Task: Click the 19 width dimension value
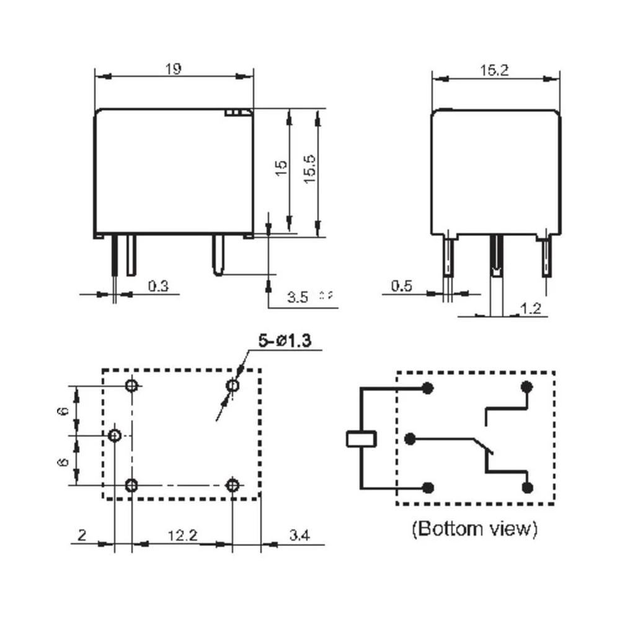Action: point(174,69)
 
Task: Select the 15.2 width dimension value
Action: point(494,71)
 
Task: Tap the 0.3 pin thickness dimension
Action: point(158,286)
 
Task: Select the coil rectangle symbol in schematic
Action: point(360,438)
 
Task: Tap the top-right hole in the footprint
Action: point(232,386)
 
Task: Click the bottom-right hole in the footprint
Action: point(232,485)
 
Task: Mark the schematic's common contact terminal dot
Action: point(409,439)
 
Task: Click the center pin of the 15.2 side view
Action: point(495,257)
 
